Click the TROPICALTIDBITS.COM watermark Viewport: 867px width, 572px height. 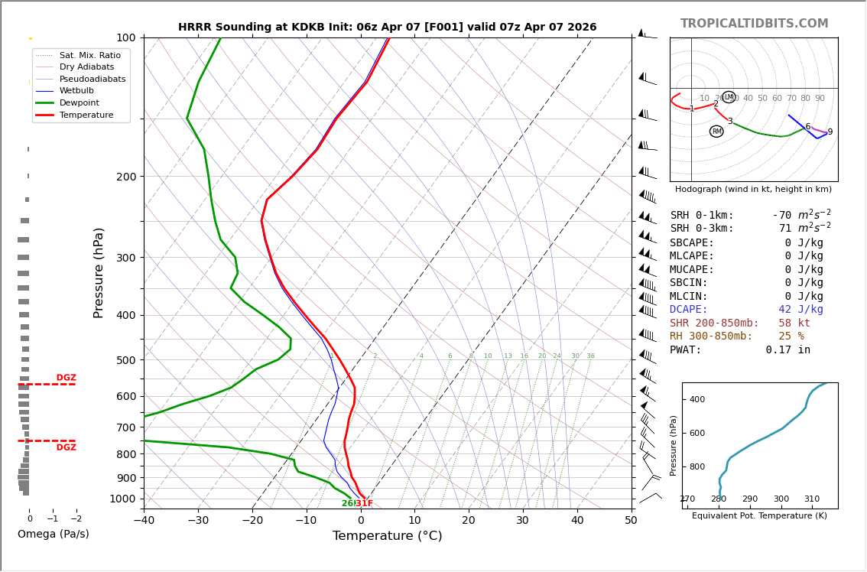[754, 24]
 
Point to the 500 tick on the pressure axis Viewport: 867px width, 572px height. [125, 360]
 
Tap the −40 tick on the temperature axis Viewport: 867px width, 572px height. [144, 521]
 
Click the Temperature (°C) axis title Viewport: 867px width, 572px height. [387, 536]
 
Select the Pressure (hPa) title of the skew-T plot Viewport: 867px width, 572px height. [99, 272]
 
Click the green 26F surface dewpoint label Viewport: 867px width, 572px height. [347, 503]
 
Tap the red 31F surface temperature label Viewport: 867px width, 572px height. [365, 503]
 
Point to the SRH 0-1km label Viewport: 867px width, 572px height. [702, 216]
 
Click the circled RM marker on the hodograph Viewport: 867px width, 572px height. [716, 132]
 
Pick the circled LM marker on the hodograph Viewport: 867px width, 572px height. [729, 97]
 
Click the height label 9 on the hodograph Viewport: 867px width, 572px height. [830, 132]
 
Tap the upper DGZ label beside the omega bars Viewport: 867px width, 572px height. [67, 378]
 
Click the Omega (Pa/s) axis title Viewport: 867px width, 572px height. [53, 535]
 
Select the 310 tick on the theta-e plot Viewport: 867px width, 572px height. [812, 499]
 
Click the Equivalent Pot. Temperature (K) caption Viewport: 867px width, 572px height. [759, 516]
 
